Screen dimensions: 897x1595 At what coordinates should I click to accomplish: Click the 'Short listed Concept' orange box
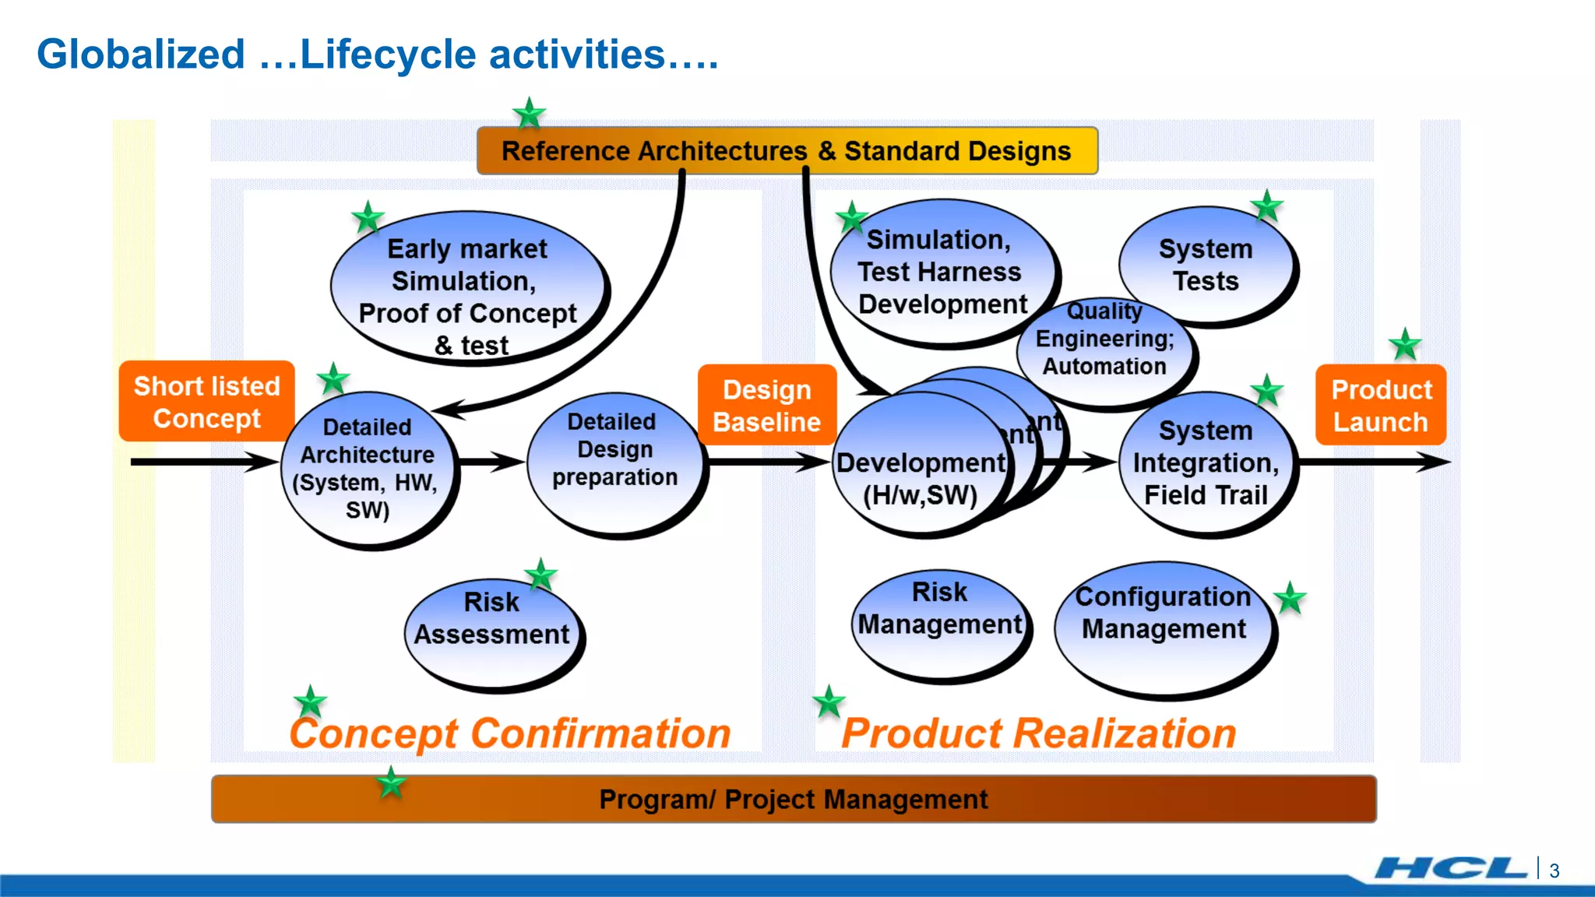[x=206, y=402]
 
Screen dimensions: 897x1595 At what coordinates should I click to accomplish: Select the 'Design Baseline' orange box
[x=767, y=405]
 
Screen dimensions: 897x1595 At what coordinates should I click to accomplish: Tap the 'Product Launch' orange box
[x=1381, y=405]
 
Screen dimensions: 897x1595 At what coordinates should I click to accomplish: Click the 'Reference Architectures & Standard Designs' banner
[x=787, y=151]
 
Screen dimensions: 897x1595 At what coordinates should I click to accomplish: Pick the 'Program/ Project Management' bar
[x=793, y=800]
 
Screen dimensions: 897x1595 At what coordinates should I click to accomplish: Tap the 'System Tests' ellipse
[x=1206, y=265]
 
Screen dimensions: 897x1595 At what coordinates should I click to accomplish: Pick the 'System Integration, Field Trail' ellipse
[x=1206, y=464]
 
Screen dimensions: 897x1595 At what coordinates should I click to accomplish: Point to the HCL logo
[x=1450, y=868]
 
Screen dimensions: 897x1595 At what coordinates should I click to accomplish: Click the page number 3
[x=1554, y=871]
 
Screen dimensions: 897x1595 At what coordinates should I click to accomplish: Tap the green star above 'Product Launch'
[x=1405, y=344]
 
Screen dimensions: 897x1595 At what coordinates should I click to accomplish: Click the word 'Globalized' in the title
[x=141, y=55]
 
